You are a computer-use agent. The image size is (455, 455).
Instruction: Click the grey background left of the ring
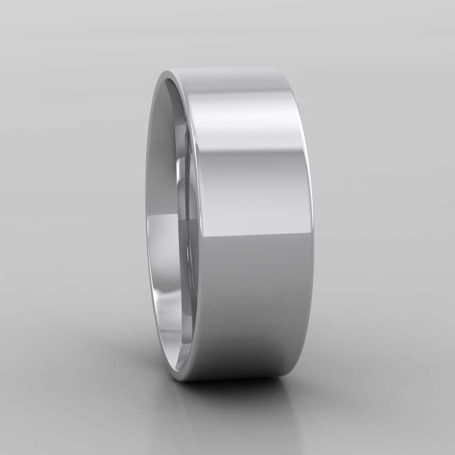point(68,218)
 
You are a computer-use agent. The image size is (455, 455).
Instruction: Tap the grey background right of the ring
point(387,218)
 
